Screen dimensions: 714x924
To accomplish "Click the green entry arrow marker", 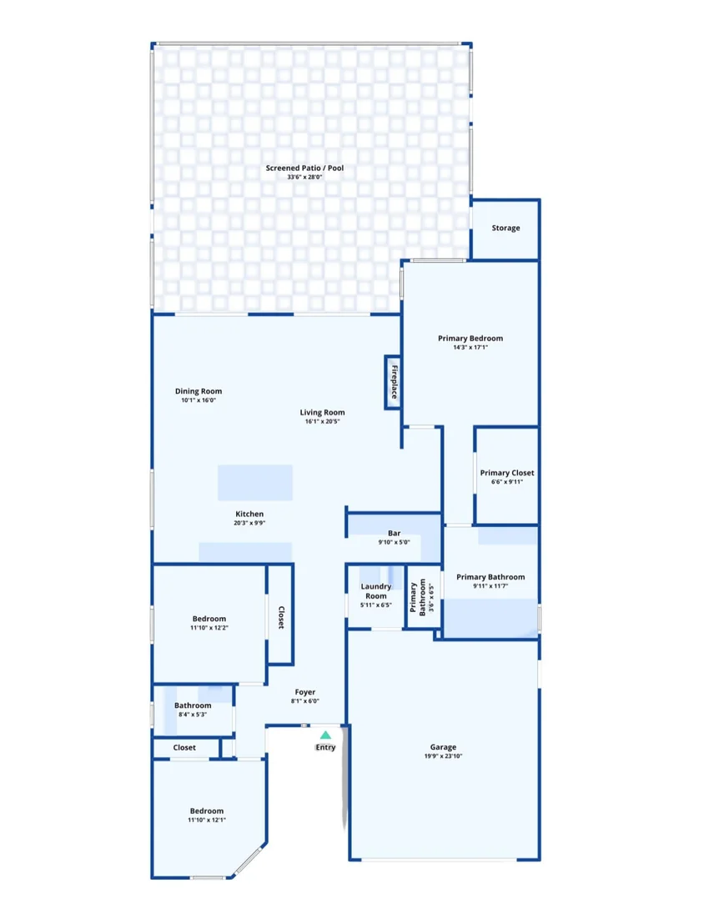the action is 325,735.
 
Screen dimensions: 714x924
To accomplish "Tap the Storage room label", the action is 505,228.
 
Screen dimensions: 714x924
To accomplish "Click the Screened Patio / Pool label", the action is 304,168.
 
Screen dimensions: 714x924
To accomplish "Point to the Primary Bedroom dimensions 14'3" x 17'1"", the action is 470,348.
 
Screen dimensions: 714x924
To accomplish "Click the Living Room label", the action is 323,413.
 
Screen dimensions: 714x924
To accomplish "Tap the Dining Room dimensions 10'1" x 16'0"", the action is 199,400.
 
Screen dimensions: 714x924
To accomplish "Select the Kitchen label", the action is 249,514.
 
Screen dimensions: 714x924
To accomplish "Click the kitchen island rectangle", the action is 255,483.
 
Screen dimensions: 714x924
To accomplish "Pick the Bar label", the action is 394,534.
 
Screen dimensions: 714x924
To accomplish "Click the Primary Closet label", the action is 507,473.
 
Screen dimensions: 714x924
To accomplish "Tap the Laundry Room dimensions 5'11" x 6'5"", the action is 376,605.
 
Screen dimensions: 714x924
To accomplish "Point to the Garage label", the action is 443,747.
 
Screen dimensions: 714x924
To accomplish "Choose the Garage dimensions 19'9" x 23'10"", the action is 444,756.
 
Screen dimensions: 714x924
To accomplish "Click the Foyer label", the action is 304,692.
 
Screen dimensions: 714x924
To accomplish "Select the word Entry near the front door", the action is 325,747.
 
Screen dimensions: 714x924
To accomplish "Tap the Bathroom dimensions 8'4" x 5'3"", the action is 193,715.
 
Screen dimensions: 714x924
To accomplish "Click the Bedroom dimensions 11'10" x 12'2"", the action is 209,628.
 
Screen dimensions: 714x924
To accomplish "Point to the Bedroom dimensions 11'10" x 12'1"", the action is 207,821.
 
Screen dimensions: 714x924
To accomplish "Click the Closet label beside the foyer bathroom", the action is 184,748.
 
